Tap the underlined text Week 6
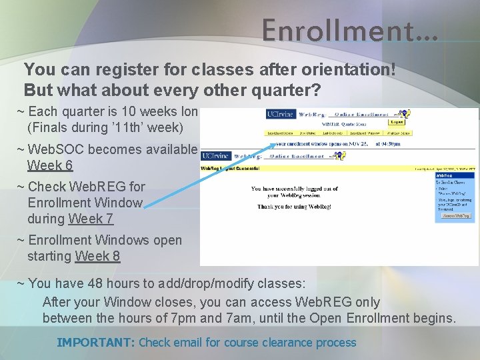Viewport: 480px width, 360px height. point(50,166)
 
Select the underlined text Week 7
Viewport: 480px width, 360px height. point(91,219)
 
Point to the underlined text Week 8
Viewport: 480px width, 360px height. point(97,256)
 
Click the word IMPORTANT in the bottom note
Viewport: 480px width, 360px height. point(95,343)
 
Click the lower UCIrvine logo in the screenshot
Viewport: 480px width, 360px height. point(215,156)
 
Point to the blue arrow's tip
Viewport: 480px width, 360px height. point(275,144)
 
